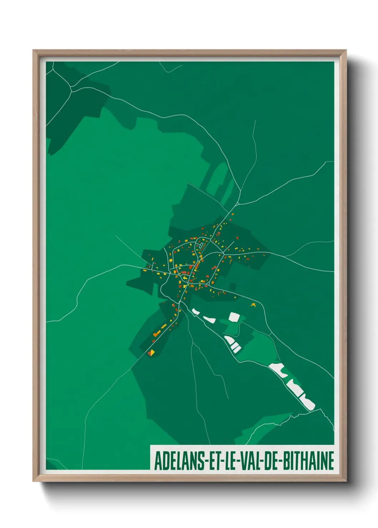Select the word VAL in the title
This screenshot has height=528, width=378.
click(250, 461)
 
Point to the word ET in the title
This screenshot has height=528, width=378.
click(213, 461)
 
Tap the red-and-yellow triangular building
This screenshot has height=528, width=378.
click(151, 353)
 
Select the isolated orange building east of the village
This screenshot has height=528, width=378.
click(253, 305)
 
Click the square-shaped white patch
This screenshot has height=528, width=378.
click(234, 317)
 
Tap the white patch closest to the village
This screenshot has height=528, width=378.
click(195, 312)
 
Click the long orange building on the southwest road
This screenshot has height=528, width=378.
click(157, 333)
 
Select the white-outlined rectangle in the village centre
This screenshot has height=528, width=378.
click(201, 245)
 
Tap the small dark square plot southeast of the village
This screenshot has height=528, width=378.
click(233, 286)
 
